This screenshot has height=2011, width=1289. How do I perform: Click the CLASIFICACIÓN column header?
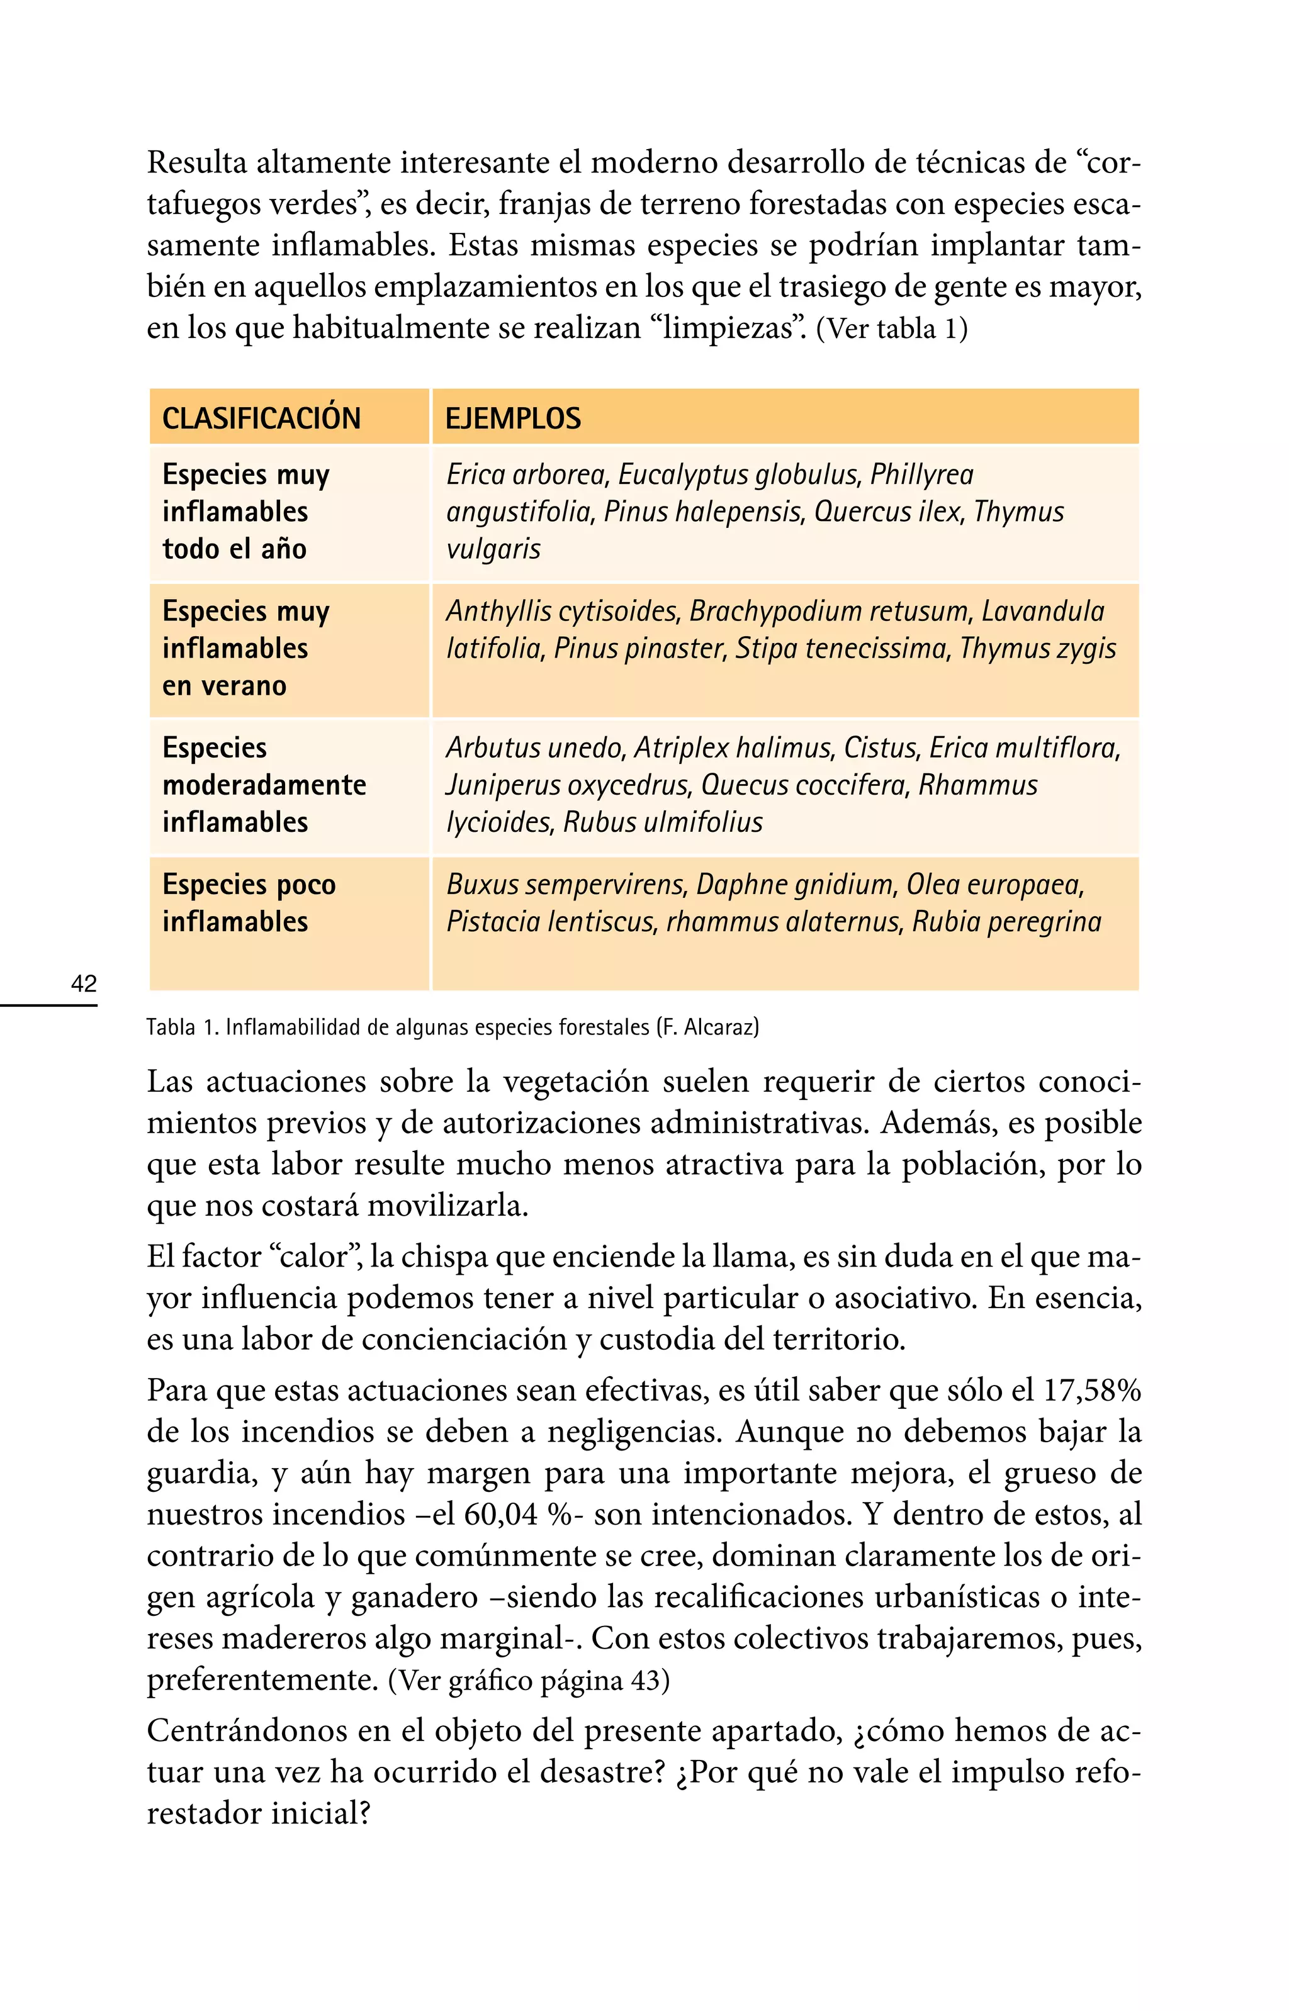click(x=261, y=418)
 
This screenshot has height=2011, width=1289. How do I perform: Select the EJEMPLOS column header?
click(x=512, y=418)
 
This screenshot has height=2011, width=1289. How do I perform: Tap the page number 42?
click(x=84, y=983)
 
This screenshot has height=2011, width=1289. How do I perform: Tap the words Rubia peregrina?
click(x=1006, y=922)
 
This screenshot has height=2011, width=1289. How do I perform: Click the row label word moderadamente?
click(x=264, y=785)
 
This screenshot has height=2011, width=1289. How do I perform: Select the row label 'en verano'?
click(x=224, y=686)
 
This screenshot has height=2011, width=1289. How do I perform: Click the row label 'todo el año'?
click(x=234, y=549)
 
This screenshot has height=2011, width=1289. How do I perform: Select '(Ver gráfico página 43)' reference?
click(x=529, y=1681)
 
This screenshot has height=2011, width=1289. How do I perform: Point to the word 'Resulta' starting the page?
click(x=198, y=162)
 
